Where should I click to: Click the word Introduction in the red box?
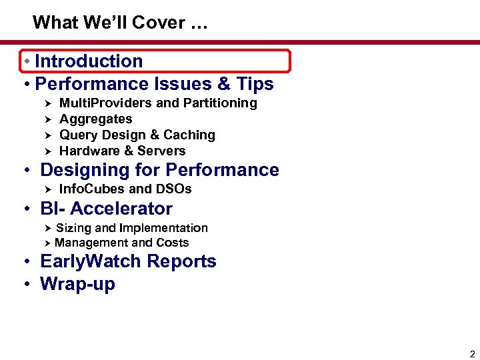(89, 61)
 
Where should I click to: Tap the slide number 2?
(472, 353)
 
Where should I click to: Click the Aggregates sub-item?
(96, 119)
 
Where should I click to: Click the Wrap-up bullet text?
(77, 284)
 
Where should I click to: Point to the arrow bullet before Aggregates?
(47, 119)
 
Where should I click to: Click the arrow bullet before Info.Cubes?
(47, 189)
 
